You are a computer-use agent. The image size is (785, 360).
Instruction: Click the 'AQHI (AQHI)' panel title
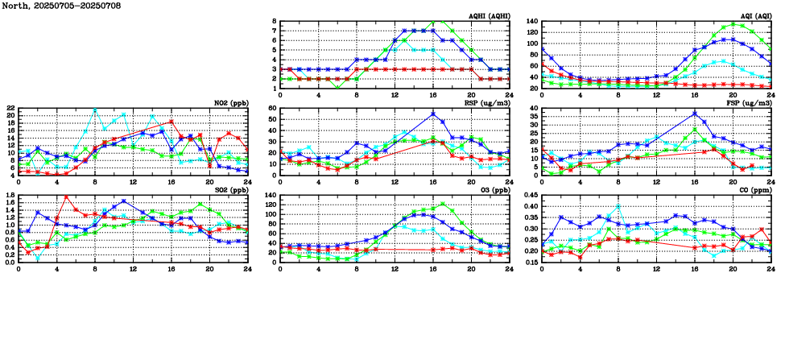[x=489, y=16]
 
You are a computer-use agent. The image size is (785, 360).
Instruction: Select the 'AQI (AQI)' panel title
[x=751, y=16]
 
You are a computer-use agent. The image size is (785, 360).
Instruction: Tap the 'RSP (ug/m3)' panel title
[x=486, y=103]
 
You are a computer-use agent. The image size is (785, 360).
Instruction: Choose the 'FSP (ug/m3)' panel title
[x=749, y=103]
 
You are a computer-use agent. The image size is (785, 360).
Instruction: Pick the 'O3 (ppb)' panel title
[x=493, y=190]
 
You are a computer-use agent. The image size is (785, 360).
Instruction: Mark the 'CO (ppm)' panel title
[x=754, y=190]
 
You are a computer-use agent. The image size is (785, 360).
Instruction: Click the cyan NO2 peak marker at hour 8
[x=95, y=109]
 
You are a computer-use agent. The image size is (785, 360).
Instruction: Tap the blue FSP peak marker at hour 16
[x=695, y=114]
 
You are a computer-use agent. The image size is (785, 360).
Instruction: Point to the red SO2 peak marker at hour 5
[x=66, y=197]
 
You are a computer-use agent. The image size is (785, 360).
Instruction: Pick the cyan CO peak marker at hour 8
[x=618, y=206]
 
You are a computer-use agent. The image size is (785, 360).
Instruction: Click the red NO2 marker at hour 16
[x=171, y=122]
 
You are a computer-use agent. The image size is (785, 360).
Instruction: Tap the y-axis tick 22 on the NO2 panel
[x=10, y=108]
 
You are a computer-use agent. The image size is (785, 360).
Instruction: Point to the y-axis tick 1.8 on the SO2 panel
[x=10, y=195]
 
